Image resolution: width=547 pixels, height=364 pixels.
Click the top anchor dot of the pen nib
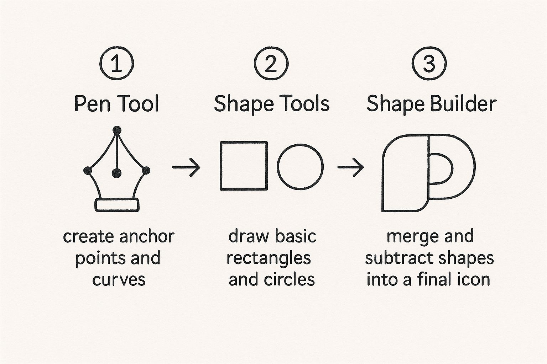[117, 130]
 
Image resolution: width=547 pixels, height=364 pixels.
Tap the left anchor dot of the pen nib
[88, 171]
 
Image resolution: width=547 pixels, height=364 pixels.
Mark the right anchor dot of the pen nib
[146, 170]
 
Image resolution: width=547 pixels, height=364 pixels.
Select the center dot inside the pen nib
[116, 173]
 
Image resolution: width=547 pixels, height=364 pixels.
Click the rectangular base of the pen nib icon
[117, 205]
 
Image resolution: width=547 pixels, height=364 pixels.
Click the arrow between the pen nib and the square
[186, 167]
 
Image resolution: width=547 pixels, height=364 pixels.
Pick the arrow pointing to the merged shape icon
[351, 167]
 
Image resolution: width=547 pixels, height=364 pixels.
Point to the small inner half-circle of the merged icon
[453, 168]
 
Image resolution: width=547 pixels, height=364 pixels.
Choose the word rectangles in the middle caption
[269, 258]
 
